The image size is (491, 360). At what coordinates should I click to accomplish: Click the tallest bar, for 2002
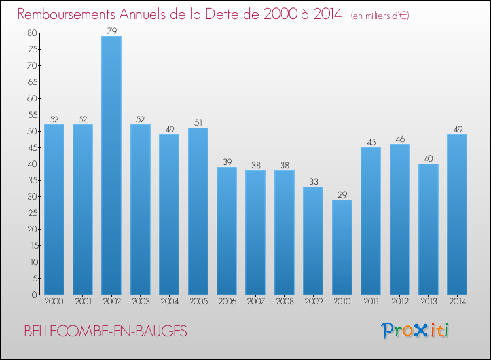coord(111,165)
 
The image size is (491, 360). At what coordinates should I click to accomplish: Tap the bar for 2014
coord(457,214)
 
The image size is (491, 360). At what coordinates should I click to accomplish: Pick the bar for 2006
coord(227,230)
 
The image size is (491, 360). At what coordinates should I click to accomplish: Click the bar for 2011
coord(371,221)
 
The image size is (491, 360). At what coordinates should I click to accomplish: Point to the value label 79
coord(111,31)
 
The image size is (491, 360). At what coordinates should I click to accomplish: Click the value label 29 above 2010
coord(342,194)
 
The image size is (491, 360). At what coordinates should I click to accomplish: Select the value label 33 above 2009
coord(313,181)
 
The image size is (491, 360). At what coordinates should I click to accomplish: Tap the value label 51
coord(198,122)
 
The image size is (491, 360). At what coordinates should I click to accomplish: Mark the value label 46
coord(399,139)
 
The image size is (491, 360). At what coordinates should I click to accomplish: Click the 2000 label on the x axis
coord(54,303)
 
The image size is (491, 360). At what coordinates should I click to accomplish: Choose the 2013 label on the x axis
coord(428,303)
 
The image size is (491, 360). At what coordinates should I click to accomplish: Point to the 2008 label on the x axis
coord(284,303)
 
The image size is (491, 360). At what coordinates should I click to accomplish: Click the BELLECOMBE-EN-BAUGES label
coord(105,332)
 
